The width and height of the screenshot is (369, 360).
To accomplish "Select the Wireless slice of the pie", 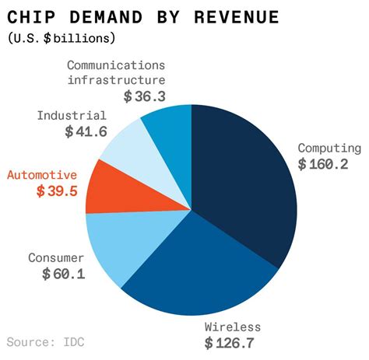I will (x=195, y=272).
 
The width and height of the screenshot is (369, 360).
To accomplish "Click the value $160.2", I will (x=322, y=165).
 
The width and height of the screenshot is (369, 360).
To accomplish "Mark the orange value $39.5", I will (x=57, y=191).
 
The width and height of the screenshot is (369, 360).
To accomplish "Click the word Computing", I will (x=329, y=148).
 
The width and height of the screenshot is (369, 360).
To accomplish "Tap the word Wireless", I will (x=232, y=326).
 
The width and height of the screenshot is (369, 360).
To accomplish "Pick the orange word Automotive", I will (x=42, y=174).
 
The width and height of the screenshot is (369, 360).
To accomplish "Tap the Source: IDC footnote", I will (x=46, y=341).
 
